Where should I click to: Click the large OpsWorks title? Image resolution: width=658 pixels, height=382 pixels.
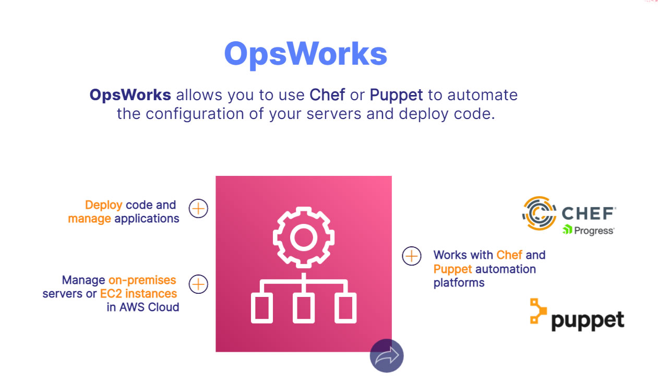pyautogui.click(x=305, y=54)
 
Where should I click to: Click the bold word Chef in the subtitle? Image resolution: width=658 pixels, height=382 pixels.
pyautogui.click(x=327, y=94)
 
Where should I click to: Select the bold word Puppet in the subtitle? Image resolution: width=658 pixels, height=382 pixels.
pyautogui.click(x=396, y=95)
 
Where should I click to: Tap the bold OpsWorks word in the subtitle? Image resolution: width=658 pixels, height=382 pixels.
pyautogui.click(x=130, y=95)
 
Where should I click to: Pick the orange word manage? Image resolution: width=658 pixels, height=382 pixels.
pyautogui.click(x=90, y=219)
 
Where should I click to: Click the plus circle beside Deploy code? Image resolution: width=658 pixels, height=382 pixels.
pyautogui.click(x=198, y=209)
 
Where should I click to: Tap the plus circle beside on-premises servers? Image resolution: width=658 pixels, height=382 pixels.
pyautogui.click(x=198, y=284)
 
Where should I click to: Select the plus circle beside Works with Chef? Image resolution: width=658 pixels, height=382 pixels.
pyautogui.click(x=412, y=256)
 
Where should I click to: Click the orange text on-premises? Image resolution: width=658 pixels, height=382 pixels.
pyautogui.click(x=142, y=280)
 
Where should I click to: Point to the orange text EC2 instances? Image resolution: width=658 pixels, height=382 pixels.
pyautogui.click(x=138, y=294)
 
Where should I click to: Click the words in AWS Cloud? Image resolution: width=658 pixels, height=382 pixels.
pyautogui.click(x=143, y=307)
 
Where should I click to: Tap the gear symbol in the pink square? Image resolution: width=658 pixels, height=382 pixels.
pyautogui.click(x=304, y=237)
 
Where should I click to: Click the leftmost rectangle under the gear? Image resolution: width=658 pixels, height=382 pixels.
pyautogui.click(x=262, y=308)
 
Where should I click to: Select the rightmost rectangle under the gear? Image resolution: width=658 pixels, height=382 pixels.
pyautogui.click(x=345, y=308)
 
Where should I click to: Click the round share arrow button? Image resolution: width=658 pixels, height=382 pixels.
pyautogui.click(x=387, y=355)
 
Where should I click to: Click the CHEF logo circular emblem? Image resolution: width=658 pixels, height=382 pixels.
pyautogui.click(x=540, y=213)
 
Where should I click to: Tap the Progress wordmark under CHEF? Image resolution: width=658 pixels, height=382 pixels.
pyautogui.click(x=589, y=231)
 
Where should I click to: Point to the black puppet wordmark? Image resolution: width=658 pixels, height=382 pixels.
pyautogui.click(x=588, y=321)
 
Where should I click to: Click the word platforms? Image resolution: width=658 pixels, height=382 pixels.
pyautogui.click(x=459, y=283)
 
